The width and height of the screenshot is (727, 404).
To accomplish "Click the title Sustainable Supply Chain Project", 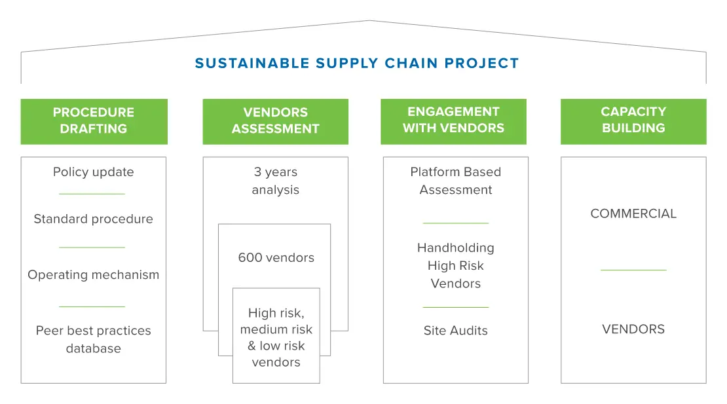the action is pyautogui.click(x=356, y=63).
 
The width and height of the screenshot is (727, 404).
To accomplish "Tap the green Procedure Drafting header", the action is pyautogui.click(x=94, y=121).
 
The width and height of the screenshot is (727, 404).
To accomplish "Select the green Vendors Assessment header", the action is pyautogui.click(x=275, y=121).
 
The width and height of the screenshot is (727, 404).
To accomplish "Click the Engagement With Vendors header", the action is pyautogui.click(x=453, y=121).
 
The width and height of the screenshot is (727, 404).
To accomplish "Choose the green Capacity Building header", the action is pyautogui.click(x=633, y=121).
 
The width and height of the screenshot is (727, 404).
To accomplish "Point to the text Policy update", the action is pyautogui.click(x=93, y=172).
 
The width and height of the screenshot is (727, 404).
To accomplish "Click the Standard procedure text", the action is pyautogui.click(x=93, y=219).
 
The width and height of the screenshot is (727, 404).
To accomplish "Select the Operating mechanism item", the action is pyautogui.click(x=93, y=275).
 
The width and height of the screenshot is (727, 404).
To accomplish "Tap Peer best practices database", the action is pyautogui.click(x=93, y=339).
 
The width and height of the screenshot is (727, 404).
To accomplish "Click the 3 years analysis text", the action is pyautogui.click(x=275, y=181).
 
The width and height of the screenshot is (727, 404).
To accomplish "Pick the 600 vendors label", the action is pyautogui.click(x=276, y=257).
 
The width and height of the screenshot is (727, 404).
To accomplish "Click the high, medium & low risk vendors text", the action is pyautogui.click(x=276, y=337).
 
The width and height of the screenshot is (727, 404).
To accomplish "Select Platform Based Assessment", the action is pyautogui.click(x=456, y=181).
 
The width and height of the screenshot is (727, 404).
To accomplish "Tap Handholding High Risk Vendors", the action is pyautogui.click(x=456, y=265).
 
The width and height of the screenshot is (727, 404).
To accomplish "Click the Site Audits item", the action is pyautogui.click(x=456, y=330).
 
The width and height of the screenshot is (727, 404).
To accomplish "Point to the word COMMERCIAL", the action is pyautogui.click(x=633, y=213).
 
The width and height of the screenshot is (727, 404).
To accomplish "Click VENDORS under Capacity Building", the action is pyautogui.click(x=633, y=329).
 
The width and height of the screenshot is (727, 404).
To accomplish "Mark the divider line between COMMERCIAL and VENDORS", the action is pyautogui.click(x=633, y=270).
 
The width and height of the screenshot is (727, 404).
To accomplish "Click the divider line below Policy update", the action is pyautogui.click(x=92, y=194).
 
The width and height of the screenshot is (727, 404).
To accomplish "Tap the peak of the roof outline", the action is pyautogui.click(x=369, y=20).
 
